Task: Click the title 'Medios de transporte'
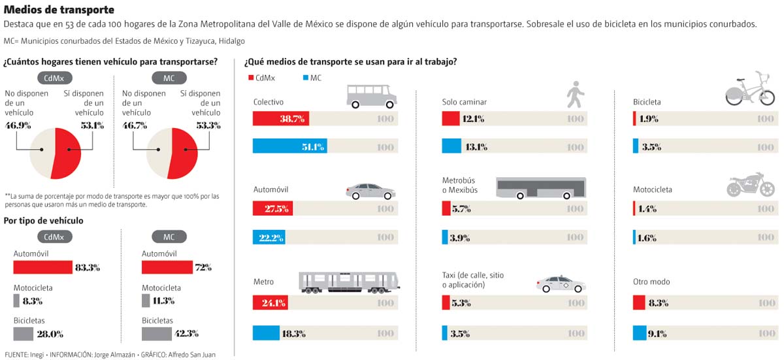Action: (x=59, y=10)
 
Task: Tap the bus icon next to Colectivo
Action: (x=371, y=97)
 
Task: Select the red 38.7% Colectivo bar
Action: (x=281, y=119)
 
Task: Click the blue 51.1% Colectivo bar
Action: (x=290, y=146)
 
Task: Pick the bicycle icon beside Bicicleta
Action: (x=750, y=90)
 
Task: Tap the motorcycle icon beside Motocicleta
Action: (x=745, y=185)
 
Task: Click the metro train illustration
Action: (x=349, y=281)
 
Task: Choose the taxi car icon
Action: (x=561, y=284)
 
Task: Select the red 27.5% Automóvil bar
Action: (x=273, y=208)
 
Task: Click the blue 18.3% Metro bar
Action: (x=266, y=333)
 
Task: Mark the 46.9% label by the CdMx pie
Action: (x=18, y=125)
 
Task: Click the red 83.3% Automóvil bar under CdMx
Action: (x=43, y=267)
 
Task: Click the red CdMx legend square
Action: (x=250, y=78)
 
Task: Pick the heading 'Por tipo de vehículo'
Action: (x=44, y=221)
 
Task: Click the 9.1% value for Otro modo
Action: (x=659, y=333)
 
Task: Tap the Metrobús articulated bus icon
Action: (x=541, y=188)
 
